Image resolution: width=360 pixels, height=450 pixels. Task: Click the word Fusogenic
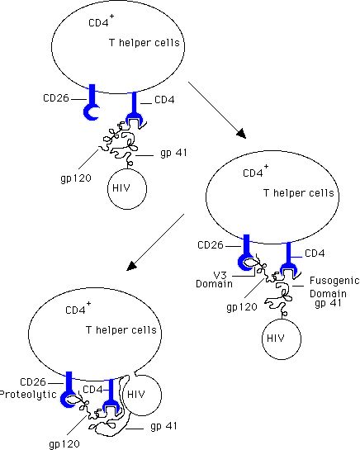click(334, 281)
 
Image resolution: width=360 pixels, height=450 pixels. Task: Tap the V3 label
click(220, 276)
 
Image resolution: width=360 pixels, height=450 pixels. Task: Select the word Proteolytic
click(28, 395)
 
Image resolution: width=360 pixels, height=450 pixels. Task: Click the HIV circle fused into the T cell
click(142, 395)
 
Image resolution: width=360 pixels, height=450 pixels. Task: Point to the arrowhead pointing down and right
click(241, 134)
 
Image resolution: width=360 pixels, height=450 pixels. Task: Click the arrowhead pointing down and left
click(131, 266)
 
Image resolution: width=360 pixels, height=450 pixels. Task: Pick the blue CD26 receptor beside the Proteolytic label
click(69, 390)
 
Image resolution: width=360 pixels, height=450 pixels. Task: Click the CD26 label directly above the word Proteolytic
click(33, 382)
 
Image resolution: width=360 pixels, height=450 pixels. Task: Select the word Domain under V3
click(214, 284)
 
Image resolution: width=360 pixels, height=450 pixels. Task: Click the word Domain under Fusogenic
click(328, 294)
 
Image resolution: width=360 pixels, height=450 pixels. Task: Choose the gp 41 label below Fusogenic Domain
click(328, 303)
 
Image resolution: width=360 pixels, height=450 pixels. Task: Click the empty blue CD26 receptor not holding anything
click(92, 102)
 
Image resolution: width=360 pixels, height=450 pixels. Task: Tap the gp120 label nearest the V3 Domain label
click(242, 307)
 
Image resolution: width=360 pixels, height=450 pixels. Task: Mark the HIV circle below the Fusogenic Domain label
click(282, 339)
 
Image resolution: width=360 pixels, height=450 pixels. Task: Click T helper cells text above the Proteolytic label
click(121, 330)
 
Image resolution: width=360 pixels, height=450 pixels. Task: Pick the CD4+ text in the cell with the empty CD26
click(101, 21)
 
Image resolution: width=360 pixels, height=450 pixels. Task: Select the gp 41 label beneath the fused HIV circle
click(163, 426)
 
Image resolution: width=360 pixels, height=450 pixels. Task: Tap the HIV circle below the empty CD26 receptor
click(127, 189)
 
